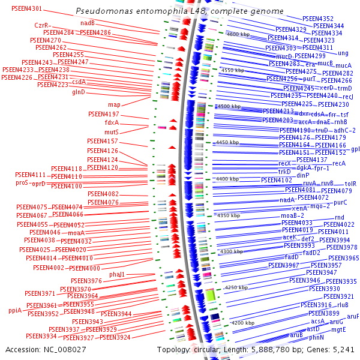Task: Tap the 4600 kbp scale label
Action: [236, 35]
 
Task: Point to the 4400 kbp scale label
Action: [227, 179]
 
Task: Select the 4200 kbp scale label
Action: [243, 323]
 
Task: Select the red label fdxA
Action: [112, 123]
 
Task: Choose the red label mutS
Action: [112, 132]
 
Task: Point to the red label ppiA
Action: [15, 310]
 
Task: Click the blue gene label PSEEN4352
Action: [318, 19]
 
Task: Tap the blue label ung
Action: [343, 53]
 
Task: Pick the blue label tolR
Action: [350, 184]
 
